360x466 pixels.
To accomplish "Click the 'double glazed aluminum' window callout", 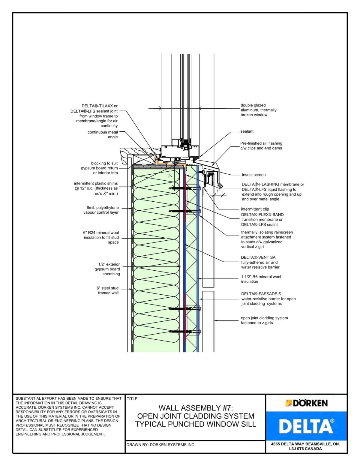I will tap(258, 110).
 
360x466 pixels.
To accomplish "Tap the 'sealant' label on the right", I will tap(247, 131).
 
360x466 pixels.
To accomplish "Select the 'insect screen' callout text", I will tap(253, 175).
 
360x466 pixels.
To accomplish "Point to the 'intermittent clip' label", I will tap(255, 209).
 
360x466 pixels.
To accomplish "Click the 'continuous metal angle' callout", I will tap(103, 135).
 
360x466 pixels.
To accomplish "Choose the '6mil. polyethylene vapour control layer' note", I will tap(101, 210).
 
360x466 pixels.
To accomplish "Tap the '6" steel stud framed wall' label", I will tap(107, 290).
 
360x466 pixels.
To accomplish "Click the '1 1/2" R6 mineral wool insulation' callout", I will tap(261, 279).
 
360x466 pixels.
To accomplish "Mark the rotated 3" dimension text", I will tap(170, 176).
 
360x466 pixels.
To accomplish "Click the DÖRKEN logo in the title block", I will tap(306, 403).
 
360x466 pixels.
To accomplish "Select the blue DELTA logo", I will tap(306, 426).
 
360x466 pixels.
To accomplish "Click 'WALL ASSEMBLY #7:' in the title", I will tap(196, 408).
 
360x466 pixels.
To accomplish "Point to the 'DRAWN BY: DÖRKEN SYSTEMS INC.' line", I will tap(161, 445).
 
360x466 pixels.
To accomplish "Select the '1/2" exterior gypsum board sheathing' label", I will tap(107, 269).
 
